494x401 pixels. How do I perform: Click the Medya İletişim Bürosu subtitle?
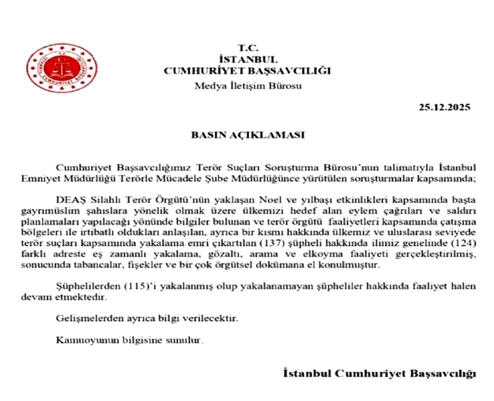pyautogui.click(x=247, y=85)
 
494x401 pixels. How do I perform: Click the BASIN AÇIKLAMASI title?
pyautogui.click(x=247, y=135)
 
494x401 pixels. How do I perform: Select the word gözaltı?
pyautogui.click(x=198, y=255)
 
